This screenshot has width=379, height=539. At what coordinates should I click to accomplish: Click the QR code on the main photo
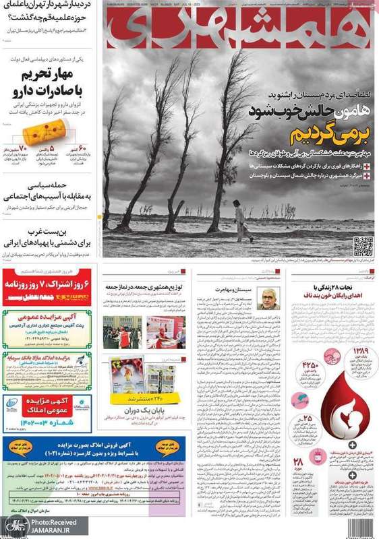[x=363, y=246]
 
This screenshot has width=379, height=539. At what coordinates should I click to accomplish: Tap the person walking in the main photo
[x=239, y=222]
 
